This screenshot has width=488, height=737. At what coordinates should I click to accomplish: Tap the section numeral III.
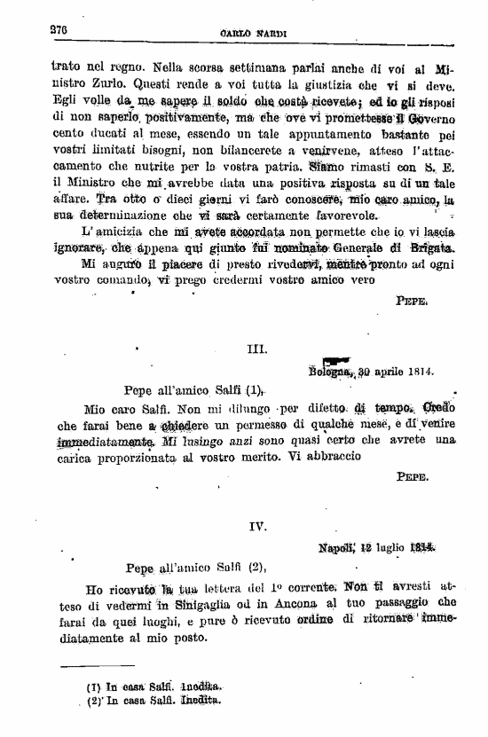click(256, 350)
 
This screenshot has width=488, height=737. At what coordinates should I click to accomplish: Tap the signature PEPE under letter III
click(413, 476)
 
